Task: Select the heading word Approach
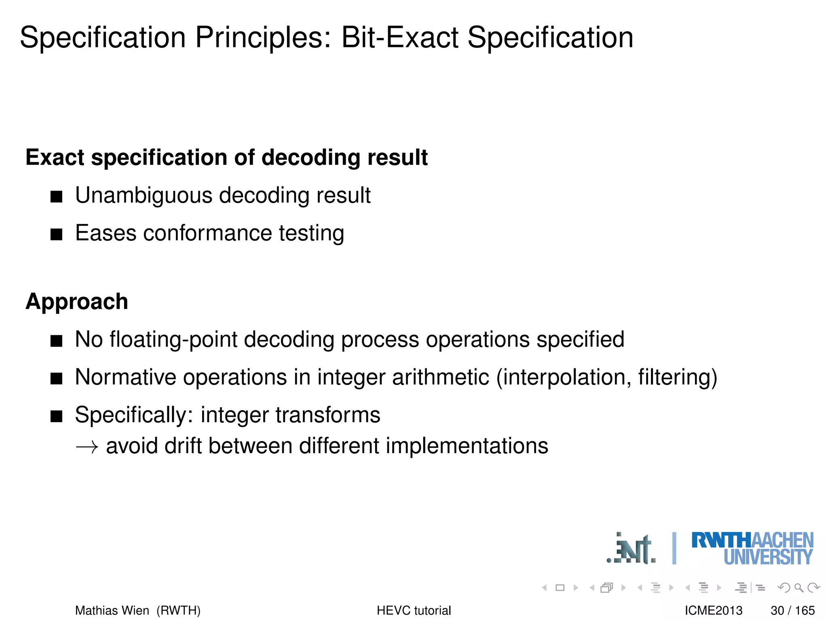click(77, 302)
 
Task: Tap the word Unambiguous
click(144, 195)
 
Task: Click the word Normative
click(125, 377)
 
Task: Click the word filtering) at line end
click(677, 377)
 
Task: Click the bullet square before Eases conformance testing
click(57, 234)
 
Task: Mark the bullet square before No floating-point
click(57, 341)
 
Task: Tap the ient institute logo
click(632, 549)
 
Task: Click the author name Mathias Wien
click(112, 610)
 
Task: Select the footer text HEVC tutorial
click(414, 610)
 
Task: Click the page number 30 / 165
click(792, 610)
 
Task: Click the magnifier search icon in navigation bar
click(798, 587)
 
